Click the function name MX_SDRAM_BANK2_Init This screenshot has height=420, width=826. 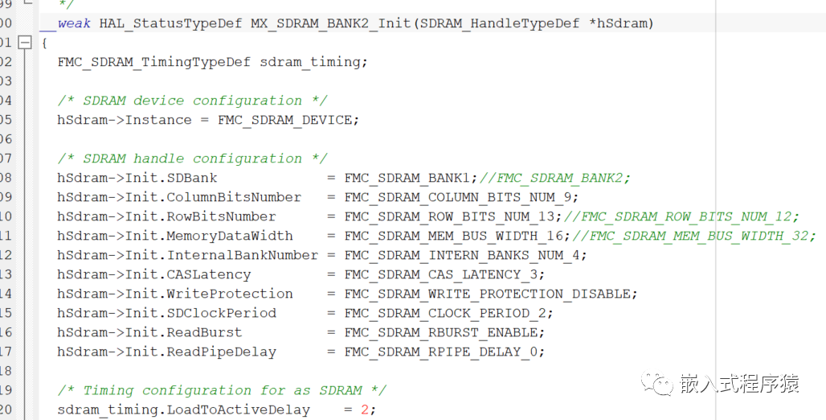[x=331, y=23]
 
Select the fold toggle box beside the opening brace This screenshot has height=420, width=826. [x=25, y=43]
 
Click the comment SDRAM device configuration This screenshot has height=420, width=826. [x=192, y=101]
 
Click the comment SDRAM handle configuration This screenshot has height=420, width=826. [x=192, y=159]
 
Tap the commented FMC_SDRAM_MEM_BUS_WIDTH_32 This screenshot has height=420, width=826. [x=698, y=236]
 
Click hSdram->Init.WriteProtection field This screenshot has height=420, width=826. [x=175, y=294]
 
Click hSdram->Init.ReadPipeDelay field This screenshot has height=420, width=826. [x=166, y=352]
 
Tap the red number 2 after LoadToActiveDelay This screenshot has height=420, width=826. [x=364, y=410]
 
